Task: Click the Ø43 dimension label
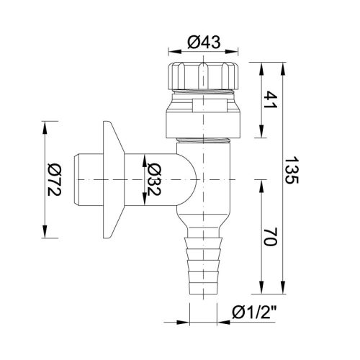pos(204,42)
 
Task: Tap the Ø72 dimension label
pos(54,179)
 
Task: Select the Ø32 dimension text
pos(153,179)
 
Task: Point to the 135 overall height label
pos(292,170)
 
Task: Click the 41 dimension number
pos(270,99)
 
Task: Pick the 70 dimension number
pos(270,237)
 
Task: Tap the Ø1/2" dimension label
pos(254,313)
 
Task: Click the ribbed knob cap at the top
pos(204,76)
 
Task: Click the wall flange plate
pos(113,179)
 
